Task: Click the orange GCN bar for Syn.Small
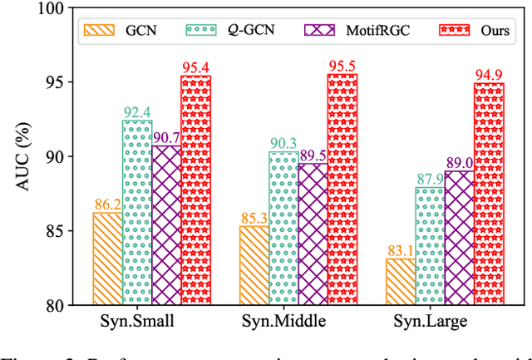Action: click(107, 259)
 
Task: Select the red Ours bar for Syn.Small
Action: click(196, 190)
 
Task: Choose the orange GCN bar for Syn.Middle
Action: click(254, 265)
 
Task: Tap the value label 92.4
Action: click(137, 111)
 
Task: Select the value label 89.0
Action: click(459, 162)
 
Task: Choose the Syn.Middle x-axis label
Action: click(283, 321)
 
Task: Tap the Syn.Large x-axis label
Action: click(430, 321)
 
